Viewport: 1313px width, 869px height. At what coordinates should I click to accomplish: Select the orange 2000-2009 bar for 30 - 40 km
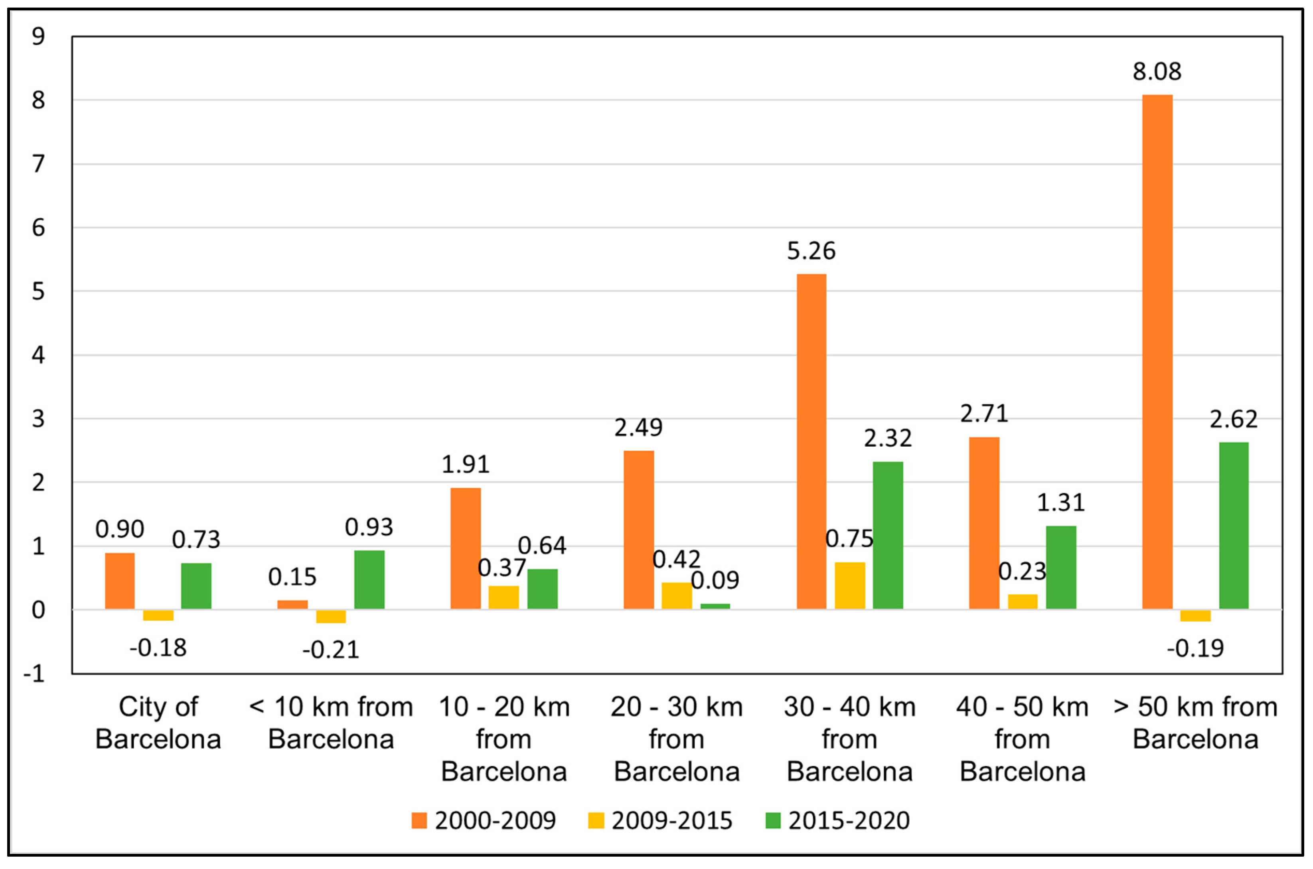(811, 442)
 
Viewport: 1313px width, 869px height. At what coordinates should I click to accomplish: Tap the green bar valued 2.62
(1233, 525)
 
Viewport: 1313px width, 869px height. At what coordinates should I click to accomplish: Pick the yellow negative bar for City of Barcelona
(158, 615)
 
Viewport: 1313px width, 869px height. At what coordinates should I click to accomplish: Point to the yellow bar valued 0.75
(849, 586)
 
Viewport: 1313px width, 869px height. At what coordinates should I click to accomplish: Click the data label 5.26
(811, 251)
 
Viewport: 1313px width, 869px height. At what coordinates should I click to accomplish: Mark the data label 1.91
(465, 465)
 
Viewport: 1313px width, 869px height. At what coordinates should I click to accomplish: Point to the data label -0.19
(1195, 648)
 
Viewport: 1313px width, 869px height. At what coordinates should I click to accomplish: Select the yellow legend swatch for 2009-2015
(596, 821)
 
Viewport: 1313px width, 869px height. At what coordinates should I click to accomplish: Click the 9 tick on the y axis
(38, 37)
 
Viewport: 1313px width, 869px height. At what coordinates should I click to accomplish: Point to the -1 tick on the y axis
(34, 674)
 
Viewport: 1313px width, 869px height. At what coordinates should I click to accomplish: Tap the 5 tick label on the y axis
(38, 292)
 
